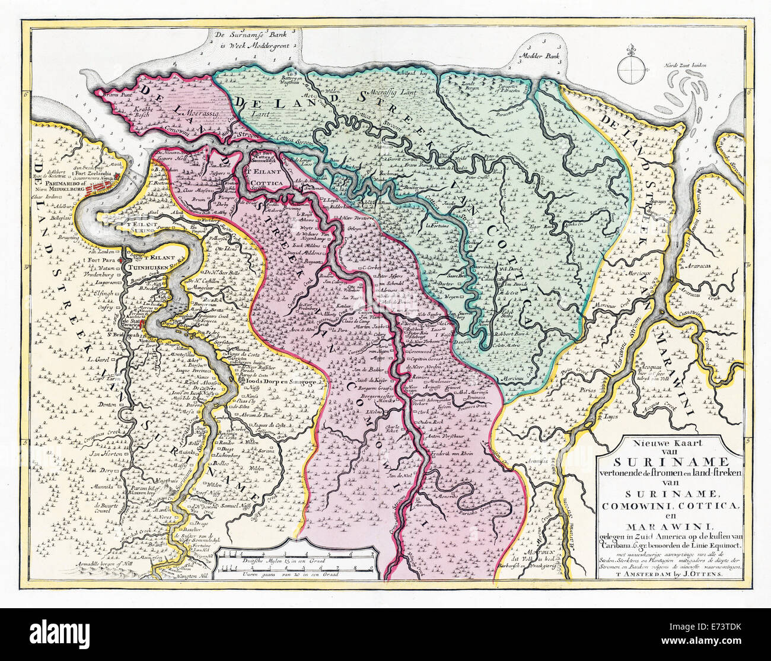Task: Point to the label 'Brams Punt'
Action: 115,94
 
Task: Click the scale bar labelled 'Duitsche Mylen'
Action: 295,561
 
